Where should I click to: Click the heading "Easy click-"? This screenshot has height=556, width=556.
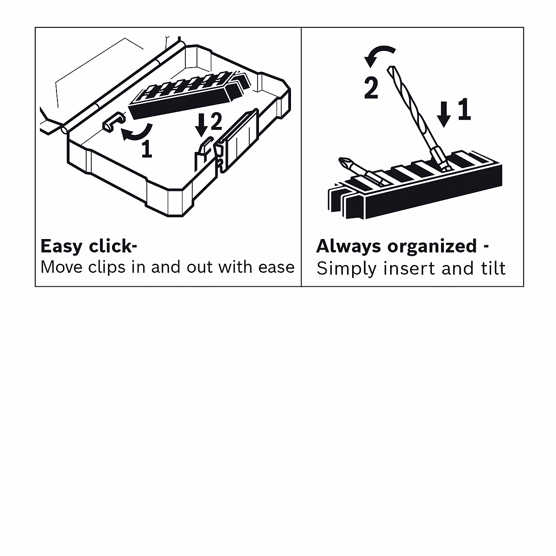point(88,246)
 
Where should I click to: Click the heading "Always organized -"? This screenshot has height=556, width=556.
point(402,246)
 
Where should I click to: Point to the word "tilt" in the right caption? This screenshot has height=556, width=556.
point(490,269)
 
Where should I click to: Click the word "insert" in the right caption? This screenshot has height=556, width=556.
point(403,269)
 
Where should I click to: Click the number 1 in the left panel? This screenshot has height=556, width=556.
point(146,149)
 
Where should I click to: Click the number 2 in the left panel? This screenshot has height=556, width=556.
point(216,122)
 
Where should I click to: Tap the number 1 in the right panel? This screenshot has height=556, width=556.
point(464,110)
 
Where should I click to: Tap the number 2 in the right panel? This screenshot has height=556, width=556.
point(371,88)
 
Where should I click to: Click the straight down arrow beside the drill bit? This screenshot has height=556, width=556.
point(444,114)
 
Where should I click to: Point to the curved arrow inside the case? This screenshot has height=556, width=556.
point(135,133)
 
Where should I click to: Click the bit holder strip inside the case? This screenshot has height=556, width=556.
point(185,95)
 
